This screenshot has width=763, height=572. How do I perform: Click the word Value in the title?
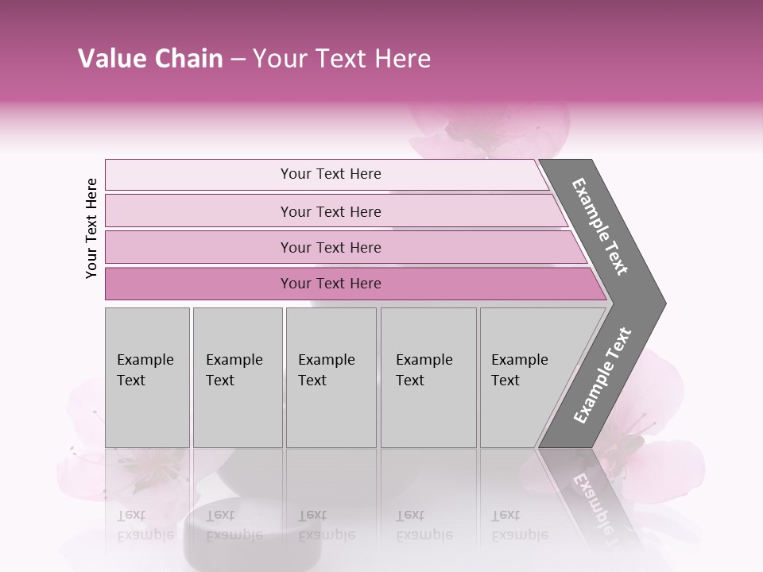[110, 59]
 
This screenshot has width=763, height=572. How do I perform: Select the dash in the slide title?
[238, 60]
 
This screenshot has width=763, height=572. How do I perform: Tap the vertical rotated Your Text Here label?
[91, 228]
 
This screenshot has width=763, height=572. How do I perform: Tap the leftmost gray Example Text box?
[147, 377]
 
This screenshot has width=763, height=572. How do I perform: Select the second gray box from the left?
[238, 377]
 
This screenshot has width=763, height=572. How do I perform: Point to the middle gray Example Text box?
[331, 377]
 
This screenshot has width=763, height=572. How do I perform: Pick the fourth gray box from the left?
[428, 377]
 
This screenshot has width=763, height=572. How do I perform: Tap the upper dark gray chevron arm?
[600, 226]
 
